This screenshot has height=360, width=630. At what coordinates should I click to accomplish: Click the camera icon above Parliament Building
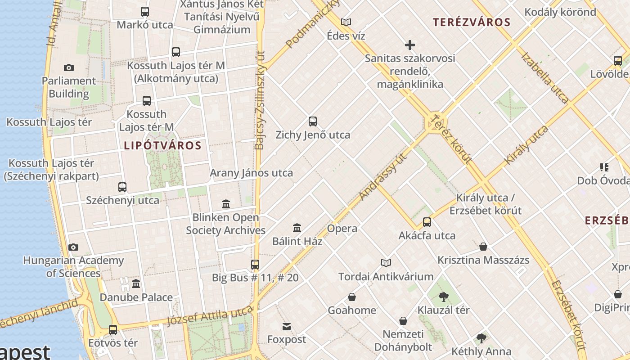(68, 67)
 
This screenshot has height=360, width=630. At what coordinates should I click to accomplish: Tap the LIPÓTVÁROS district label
(162, 145)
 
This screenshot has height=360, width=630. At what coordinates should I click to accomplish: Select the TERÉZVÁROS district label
(472, 22)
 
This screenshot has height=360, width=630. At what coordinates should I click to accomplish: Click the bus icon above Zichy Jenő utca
(313, 121)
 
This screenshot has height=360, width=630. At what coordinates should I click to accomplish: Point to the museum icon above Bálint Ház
(297, 228)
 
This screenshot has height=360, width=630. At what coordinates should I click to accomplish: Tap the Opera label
(342, 228)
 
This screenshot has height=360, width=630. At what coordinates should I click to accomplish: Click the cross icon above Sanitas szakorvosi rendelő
(409, 45)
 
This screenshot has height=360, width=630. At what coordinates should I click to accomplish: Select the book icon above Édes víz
(346, 22)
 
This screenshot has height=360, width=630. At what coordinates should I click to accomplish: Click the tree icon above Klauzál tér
(444, 297)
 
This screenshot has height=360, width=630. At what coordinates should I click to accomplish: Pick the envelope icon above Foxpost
(287, 326)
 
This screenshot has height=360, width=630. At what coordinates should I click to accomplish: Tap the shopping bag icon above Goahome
(352, 297)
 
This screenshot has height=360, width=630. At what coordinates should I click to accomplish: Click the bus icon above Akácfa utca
(427, 222)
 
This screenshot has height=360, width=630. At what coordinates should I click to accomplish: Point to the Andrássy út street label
(383, 175)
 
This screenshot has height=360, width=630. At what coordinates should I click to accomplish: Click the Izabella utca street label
(545, 77)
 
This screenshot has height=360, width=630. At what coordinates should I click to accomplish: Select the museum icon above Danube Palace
(136, 283)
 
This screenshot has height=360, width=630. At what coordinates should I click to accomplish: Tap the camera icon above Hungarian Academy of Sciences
(73, 247)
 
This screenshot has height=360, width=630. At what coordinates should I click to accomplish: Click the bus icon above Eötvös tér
(113, 329)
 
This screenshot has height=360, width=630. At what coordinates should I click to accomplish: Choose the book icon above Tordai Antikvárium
(386, 263)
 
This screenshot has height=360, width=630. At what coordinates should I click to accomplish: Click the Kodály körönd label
(560, 12)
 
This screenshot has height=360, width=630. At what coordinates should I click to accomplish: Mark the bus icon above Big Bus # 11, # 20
(255, 264)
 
